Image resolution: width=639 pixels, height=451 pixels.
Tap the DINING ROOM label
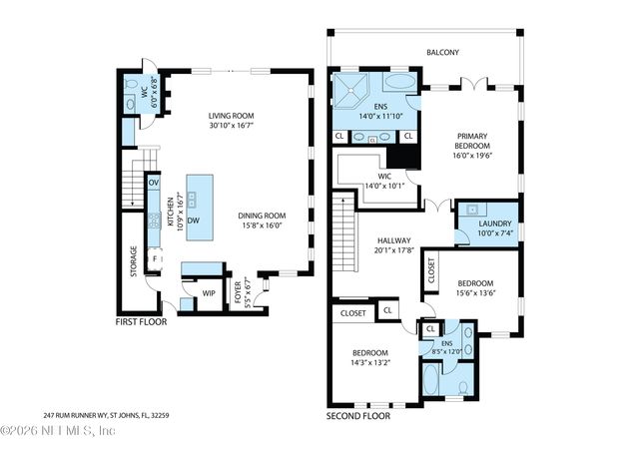coord(262,221)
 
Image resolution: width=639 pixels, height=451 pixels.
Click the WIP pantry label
coord(209,293)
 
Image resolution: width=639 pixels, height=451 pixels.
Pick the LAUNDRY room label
coord(495,228)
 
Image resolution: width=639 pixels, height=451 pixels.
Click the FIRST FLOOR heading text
coord(141,322)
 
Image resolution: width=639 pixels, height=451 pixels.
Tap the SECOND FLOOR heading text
coord(358,416)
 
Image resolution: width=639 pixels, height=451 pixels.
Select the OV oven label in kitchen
coord(154,184)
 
